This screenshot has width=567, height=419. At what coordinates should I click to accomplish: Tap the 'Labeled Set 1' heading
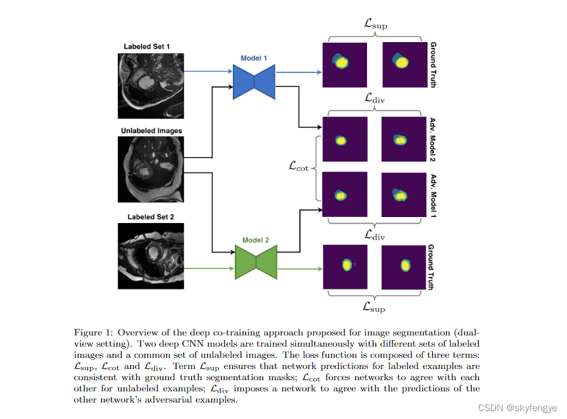tap(147, 46)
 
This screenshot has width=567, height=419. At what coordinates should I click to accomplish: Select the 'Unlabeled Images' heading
tap(151, 131)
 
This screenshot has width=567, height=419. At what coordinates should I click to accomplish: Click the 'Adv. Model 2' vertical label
tap(432, 139)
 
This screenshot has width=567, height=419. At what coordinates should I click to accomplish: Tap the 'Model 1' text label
tap(253, 58)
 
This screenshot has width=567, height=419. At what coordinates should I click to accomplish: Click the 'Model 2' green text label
tap(256, 240)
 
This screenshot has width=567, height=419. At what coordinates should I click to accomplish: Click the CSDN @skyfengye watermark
tap(526, 409)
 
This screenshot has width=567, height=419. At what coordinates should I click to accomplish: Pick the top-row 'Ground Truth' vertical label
tap(432, 65)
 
